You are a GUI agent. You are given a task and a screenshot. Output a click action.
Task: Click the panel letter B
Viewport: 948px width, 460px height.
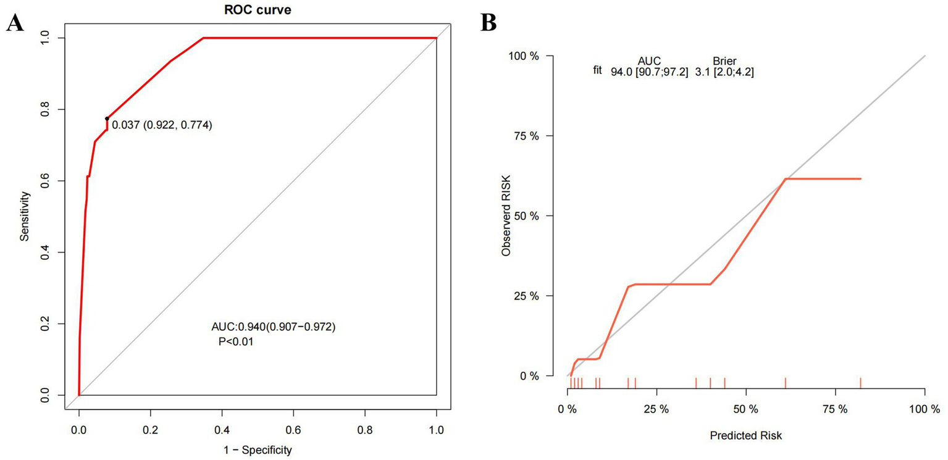coord(489,23)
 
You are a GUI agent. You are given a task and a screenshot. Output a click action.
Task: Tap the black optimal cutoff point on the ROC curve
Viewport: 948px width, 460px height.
coord(107,118)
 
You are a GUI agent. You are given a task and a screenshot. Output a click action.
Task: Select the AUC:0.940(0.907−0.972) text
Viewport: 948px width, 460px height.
coord(273,328)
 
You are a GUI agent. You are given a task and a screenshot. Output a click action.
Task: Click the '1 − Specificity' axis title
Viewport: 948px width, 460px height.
coord(258,450)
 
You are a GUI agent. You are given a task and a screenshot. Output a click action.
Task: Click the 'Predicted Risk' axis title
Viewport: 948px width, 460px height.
coord(746,435)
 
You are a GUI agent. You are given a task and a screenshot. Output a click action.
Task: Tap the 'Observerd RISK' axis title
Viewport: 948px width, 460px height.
coord(506,216)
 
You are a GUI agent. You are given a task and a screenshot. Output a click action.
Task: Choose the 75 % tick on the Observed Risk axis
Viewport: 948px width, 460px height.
coord(526,136)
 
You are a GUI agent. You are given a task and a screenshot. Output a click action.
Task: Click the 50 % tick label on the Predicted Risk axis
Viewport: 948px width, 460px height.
coord(746,409)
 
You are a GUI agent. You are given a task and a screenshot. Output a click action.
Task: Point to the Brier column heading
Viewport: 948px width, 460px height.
coord(724,61)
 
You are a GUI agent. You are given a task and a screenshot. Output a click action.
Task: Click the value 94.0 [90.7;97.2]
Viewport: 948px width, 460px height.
coord(649,72)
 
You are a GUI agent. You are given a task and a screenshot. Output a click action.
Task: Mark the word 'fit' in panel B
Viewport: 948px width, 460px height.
coord(597,71)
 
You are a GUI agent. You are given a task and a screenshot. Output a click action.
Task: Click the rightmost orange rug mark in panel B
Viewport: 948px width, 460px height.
coord(860,383)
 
